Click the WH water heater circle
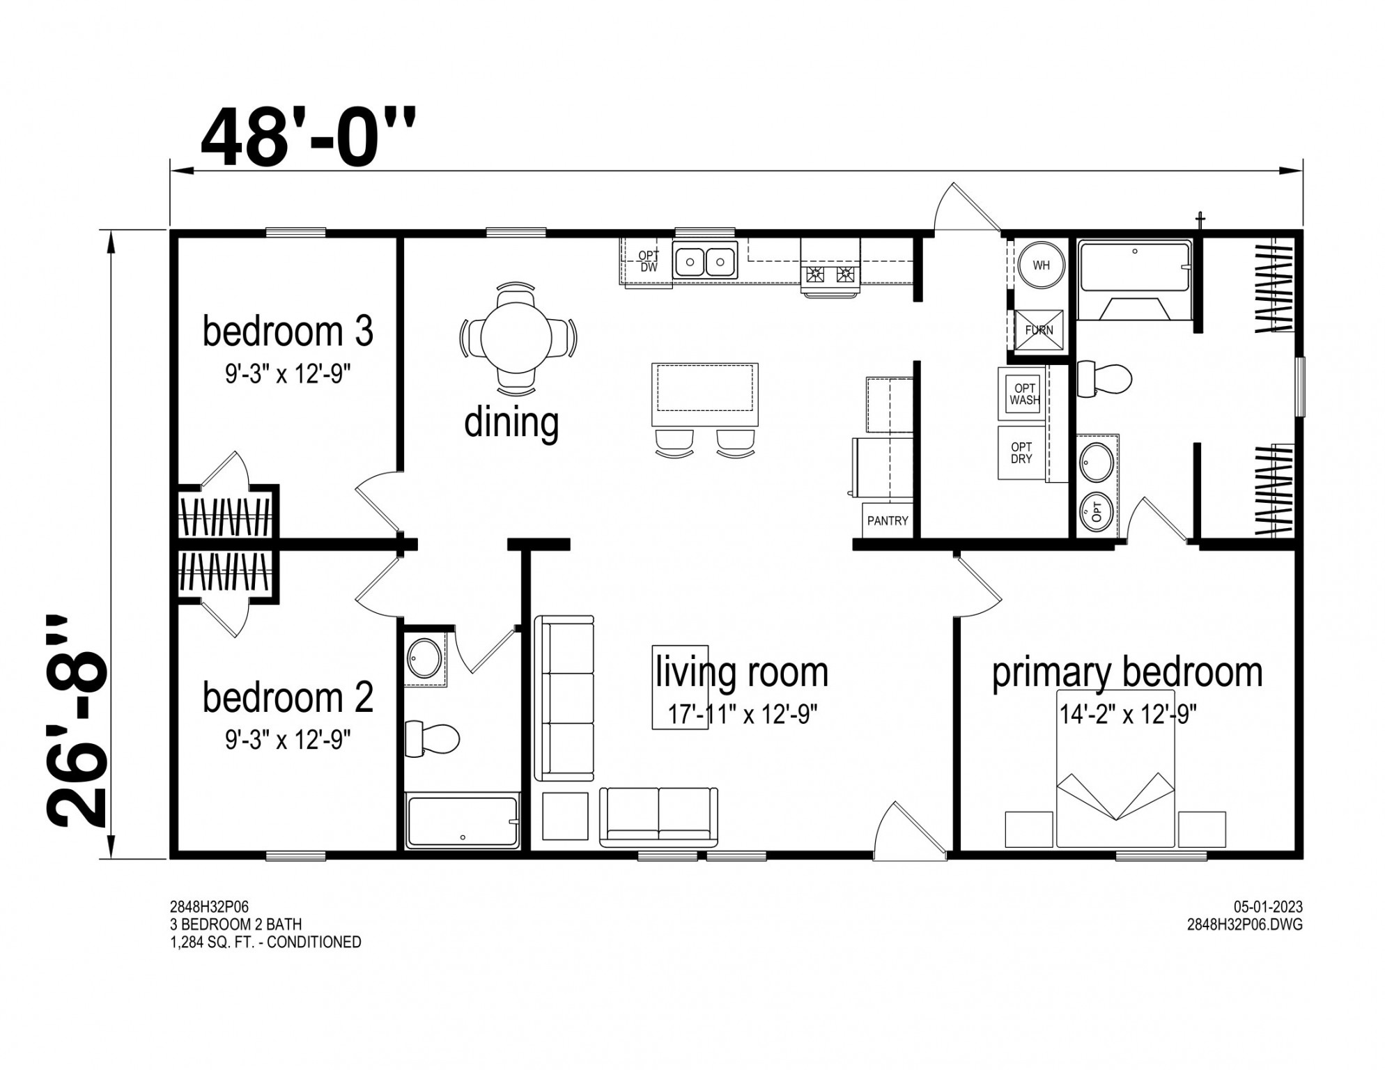(1041, 265)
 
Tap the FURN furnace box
(1038, 330)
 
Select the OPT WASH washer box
(1024, 394)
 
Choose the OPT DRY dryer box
(1022, 453)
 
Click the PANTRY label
(888, 520)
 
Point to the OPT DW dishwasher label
(649, 262)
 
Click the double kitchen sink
(705, 263)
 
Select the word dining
(511, 422)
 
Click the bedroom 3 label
(288, 331)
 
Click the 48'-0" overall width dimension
(308, 139)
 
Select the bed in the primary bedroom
(1115, 768)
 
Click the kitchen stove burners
(830, 274)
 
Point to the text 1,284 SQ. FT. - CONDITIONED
(265, 943)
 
